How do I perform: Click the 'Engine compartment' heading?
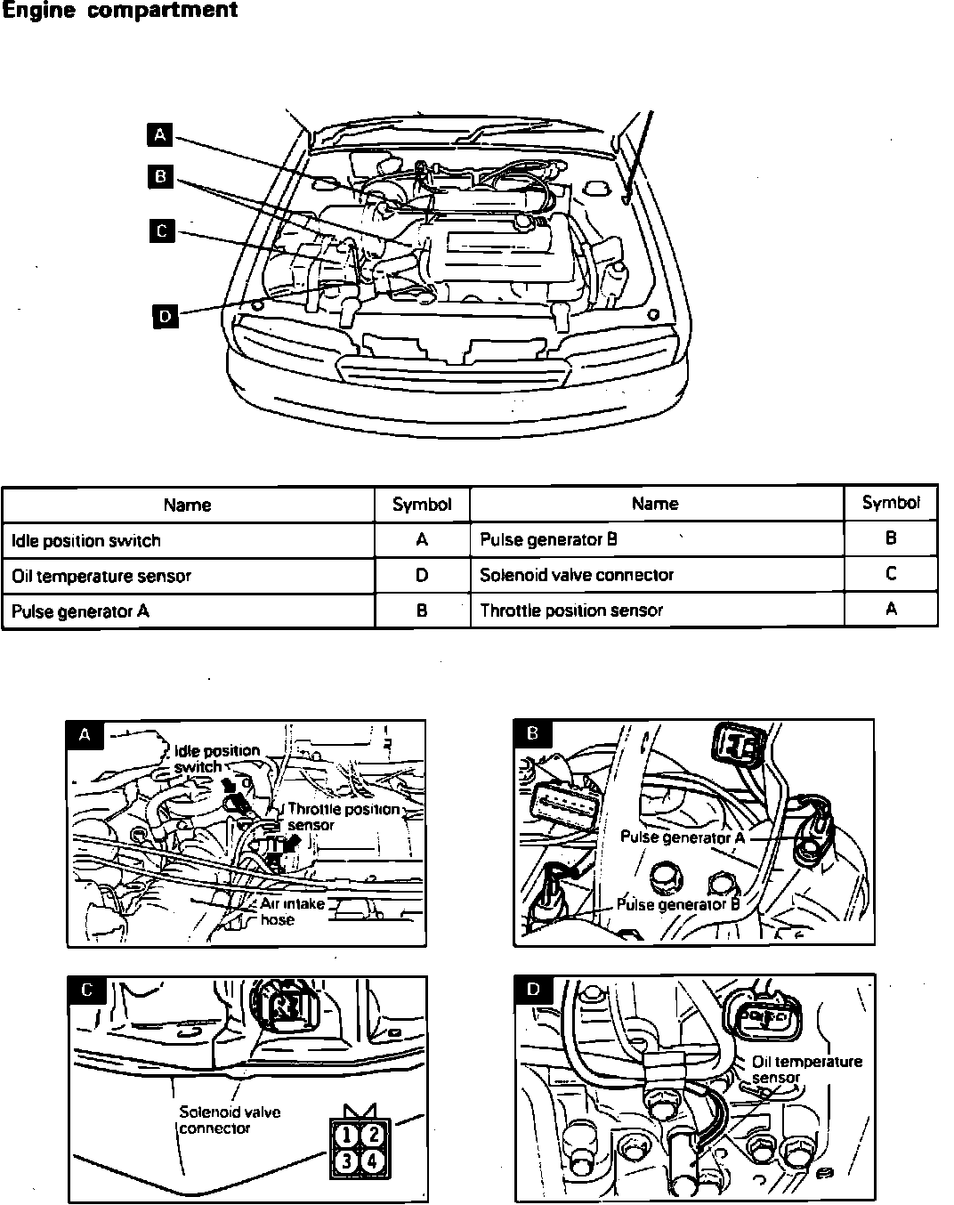pyautogui.click(x=119, y=11)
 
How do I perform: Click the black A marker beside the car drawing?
pyautogui.click(x=159, y=134)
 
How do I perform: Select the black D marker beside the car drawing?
pyautogui.click(x=166, y=315)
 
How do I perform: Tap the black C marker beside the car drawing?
pyautogui.click(x=161, y=230)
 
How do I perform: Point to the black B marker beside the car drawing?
pyautogui.click(x=160, y=176)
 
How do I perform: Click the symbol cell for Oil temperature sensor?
pyautogui.click(x=422, y=576)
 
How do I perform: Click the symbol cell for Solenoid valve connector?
pyautogui.click(x=891, y=574)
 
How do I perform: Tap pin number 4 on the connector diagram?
pyautogui.click(x=374, y=1161)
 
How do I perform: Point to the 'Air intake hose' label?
pyautogui.click(x=292, y=911)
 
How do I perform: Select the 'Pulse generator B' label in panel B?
pyautogui.click(x=678, y=904)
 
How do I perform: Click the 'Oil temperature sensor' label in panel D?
pyautogui.click(x=806, y=1069)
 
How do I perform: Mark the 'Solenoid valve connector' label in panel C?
pyautogui.click(x=230, y=1120)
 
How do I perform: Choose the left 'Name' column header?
pyautogui.click(x=187, y=505)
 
